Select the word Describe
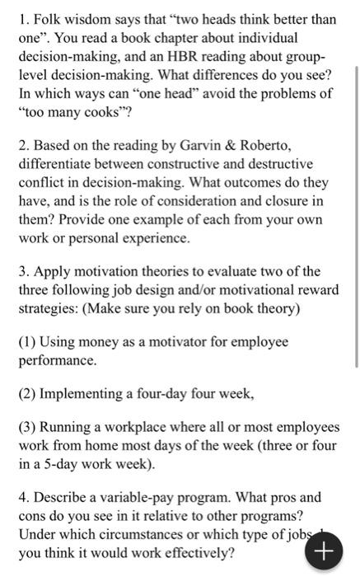tap(59, 498)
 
